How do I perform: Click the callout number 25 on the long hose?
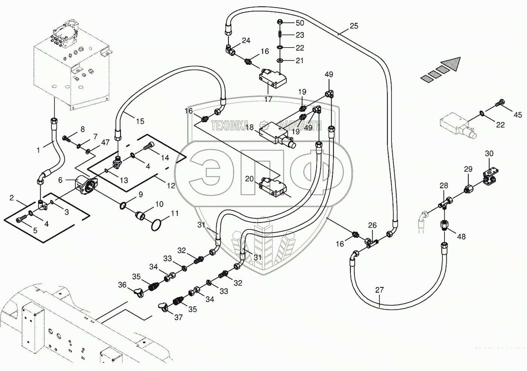pyautogui.click(x=354, y=26)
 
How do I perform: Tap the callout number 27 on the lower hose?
pyautogui.click(x=379, y=290)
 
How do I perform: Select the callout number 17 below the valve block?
pyautogui.click(x=268, y=100)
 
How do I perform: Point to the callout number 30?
pyautogui.click(x=489, y=153)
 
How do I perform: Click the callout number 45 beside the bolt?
pyautogui.click(x=518, y=115)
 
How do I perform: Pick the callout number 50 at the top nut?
pyautogui.click(x=300, y=23)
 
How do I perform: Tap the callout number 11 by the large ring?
pyautogui.click(x=174, y=213)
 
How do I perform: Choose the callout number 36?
pyautogui.click(x=122, y=285)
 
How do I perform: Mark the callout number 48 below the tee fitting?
pyautogui.click(x=461, y=236)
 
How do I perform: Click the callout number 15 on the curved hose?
pyautogui.click(x=140, y=121)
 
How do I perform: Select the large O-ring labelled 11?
pyautogui.click(x=157, y=225)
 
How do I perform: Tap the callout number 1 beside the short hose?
pyautogui.click(x=38, y=150)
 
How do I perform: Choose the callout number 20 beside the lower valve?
pyautogui.click(x=250, y=179)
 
